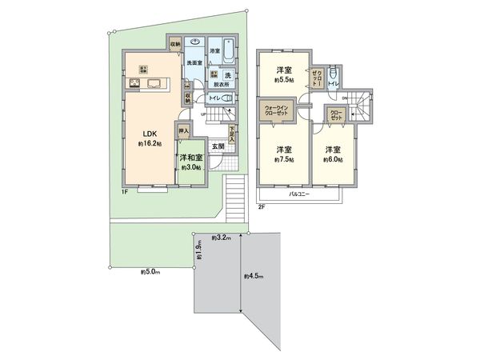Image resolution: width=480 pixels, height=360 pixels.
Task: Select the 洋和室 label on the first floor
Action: [190, 158]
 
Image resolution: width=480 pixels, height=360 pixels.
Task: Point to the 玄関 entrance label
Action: [218, 146]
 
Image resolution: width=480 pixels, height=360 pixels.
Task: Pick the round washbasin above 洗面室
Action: [195, 46]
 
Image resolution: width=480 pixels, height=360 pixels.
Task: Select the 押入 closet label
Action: [184, 130]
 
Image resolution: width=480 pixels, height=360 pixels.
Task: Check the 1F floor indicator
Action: [125, 191]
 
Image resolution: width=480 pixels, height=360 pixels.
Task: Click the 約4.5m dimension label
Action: [254, 277]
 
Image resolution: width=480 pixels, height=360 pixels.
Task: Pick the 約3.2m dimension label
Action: [221, 238]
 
